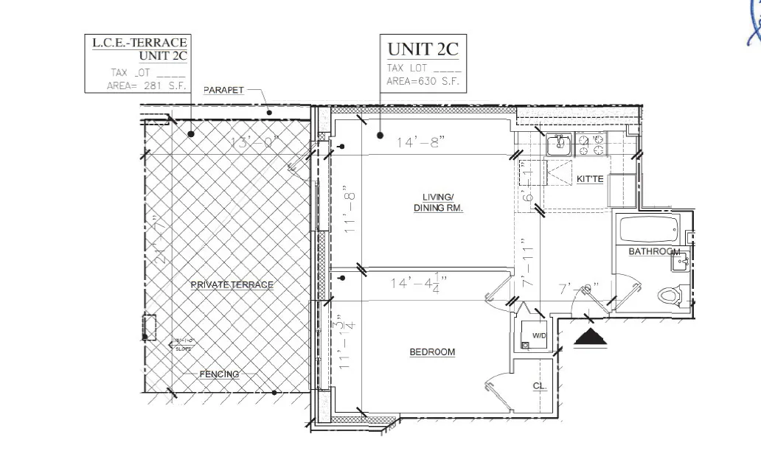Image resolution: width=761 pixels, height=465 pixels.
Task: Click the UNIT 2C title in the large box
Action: point(423,50)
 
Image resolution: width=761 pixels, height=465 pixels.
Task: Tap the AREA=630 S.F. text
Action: point(423,82)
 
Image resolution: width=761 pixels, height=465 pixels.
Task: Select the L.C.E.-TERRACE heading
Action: point(139,43)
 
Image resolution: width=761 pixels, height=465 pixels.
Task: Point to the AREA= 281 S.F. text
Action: point(147,86)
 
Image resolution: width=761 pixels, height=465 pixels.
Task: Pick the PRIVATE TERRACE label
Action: point(232,285)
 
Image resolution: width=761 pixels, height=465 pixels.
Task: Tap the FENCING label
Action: point(219,374)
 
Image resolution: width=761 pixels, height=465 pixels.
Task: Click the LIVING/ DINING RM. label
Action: point(437,203)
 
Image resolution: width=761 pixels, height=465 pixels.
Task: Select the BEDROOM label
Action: point(432,352)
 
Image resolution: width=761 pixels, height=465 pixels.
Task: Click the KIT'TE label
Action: point(590,179)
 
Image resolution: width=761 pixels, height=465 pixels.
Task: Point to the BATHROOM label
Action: point(653,252)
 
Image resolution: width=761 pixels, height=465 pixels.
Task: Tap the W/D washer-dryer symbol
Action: point(535,335)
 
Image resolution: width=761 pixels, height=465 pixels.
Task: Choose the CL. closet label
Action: point(538,386)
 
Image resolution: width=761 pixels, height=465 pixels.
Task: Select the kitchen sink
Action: point(558,144)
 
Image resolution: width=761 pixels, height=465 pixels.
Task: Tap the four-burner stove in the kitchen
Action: point(593,144)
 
